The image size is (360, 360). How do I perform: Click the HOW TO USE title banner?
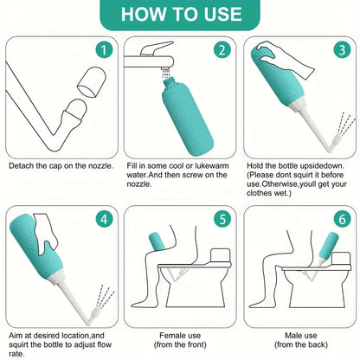click(x=180, y=14)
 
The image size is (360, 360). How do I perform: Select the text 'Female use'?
click(x=179, y=334)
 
